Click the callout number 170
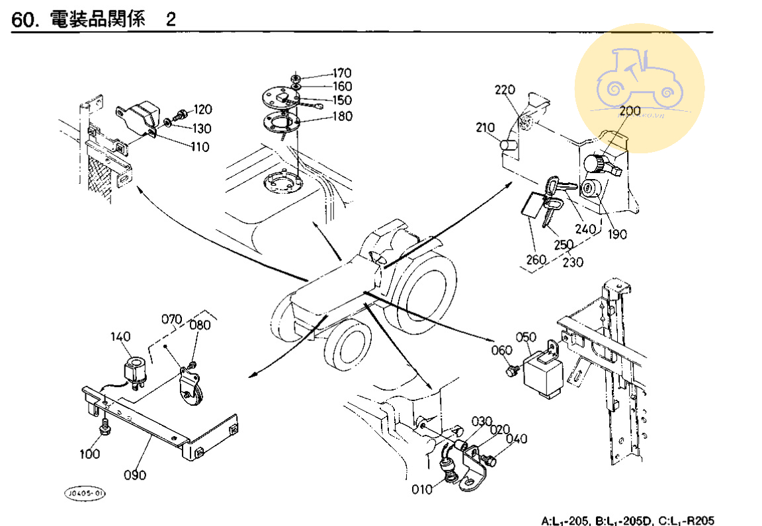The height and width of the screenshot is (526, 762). (342, 73)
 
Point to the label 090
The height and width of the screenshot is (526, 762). (136, 475)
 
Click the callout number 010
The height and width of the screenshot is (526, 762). (423, 490)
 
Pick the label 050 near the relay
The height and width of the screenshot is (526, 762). (526, 338)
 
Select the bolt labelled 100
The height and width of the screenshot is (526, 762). (105, 430)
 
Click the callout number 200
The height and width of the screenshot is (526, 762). (630, 111)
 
